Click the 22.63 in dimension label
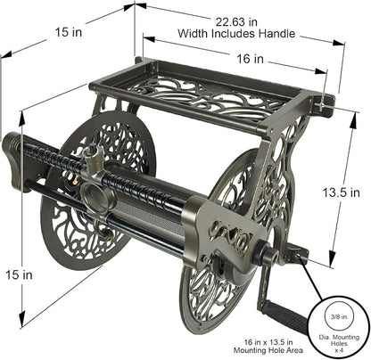pyautogui.click(x=236, y=22)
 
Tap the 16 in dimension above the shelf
pyautogui.click(x=250, y=59)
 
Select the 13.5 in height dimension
pyautogui.click(x=342, y=192)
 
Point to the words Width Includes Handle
pyautogui.click(x=236, y=33)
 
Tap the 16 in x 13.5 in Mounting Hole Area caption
pyautogui.click(x=268, y=346)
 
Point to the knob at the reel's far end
pyautogui.click(x=12, y=161)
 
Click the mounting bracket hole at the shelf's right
pyautogui.click(x=323, y=106)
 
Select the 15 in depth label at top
pyautogui.click(x=69, y=32)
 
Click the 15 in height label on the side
pyautogui.click(x=19, y=275)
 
